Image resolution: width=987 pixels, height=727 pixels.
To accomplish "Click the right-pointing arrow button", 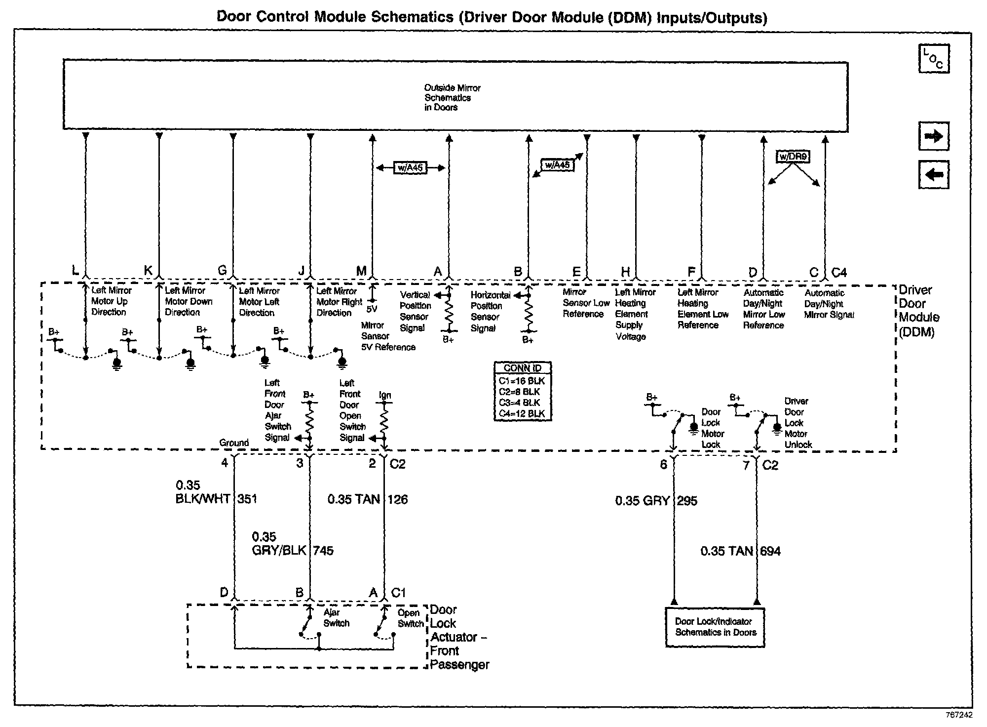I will pyautogui.click(x=933, y=136).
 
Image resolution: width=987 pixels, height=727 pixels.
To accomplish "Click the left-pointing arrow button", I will pyautogui.click(x=933, y=174).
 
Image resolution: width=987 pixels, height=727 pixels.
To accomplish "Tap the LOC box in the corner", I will pyautogui.click(x=933, y=59).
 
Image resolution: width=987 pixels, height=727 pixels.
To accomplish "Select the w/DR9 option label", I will pyautogui.click(x=793, y=157).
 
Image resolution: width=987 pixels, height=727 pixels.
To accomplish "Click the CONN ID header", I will pyautogui.click(x=522, y=368).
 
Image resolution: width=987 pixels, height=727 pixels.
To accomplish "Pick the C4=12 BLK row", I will pyautogui.click(x=522, y=414).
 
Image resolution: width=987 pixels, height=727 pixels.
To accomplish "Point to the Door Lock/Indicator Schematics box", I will pyautogui.click(x=715, y=627).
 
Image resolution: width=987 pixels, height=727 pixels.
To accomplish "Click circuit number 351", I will pyautogui.click(x=247, y=499).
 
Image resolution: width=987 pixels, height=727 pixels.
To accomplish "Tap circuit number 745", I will pyautogui.click(x=323, y=550).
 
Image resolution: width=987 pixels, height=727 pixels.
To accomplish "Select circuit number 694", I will pyautogui.click(x=770, y=551).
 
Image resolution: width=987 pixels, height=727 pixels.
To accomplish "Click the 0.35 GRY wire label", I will pyautogui.click(x=642, y=501).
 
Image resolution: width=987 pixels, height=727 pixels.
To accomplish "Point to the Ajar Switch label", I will pyautogui.click(x=336, y=618).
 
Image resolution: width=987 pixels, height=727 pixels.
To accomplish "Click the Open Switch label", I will pyautogui.click(x=410, y=618).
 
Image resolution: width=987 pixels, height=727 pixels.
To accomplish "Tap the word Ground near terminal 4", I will pyautogui.click(x=234, y=443).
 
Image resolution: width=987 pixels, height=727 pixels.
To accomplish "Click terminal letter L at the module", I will pyautogui.click(x=75, y=270).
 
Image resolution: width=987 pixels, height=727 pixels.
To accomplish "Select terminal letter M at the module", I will pyautogui.click(x=361, y=271).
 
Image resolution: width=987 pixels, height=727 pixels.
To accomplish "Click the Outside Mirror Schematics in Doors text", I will pyautogui.click(x=452, y=97).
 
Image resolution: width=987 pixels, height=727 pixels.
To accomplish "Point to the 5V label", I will pyautogui.click(x=372, y=309).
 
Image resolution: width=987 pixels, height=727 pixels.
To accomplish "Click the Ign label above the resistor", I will pyautogui.click(x=385, y=395).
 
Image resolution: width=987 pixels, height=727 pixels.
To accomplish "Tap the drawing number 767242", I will pyautogui.click(x=959, y=715).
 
